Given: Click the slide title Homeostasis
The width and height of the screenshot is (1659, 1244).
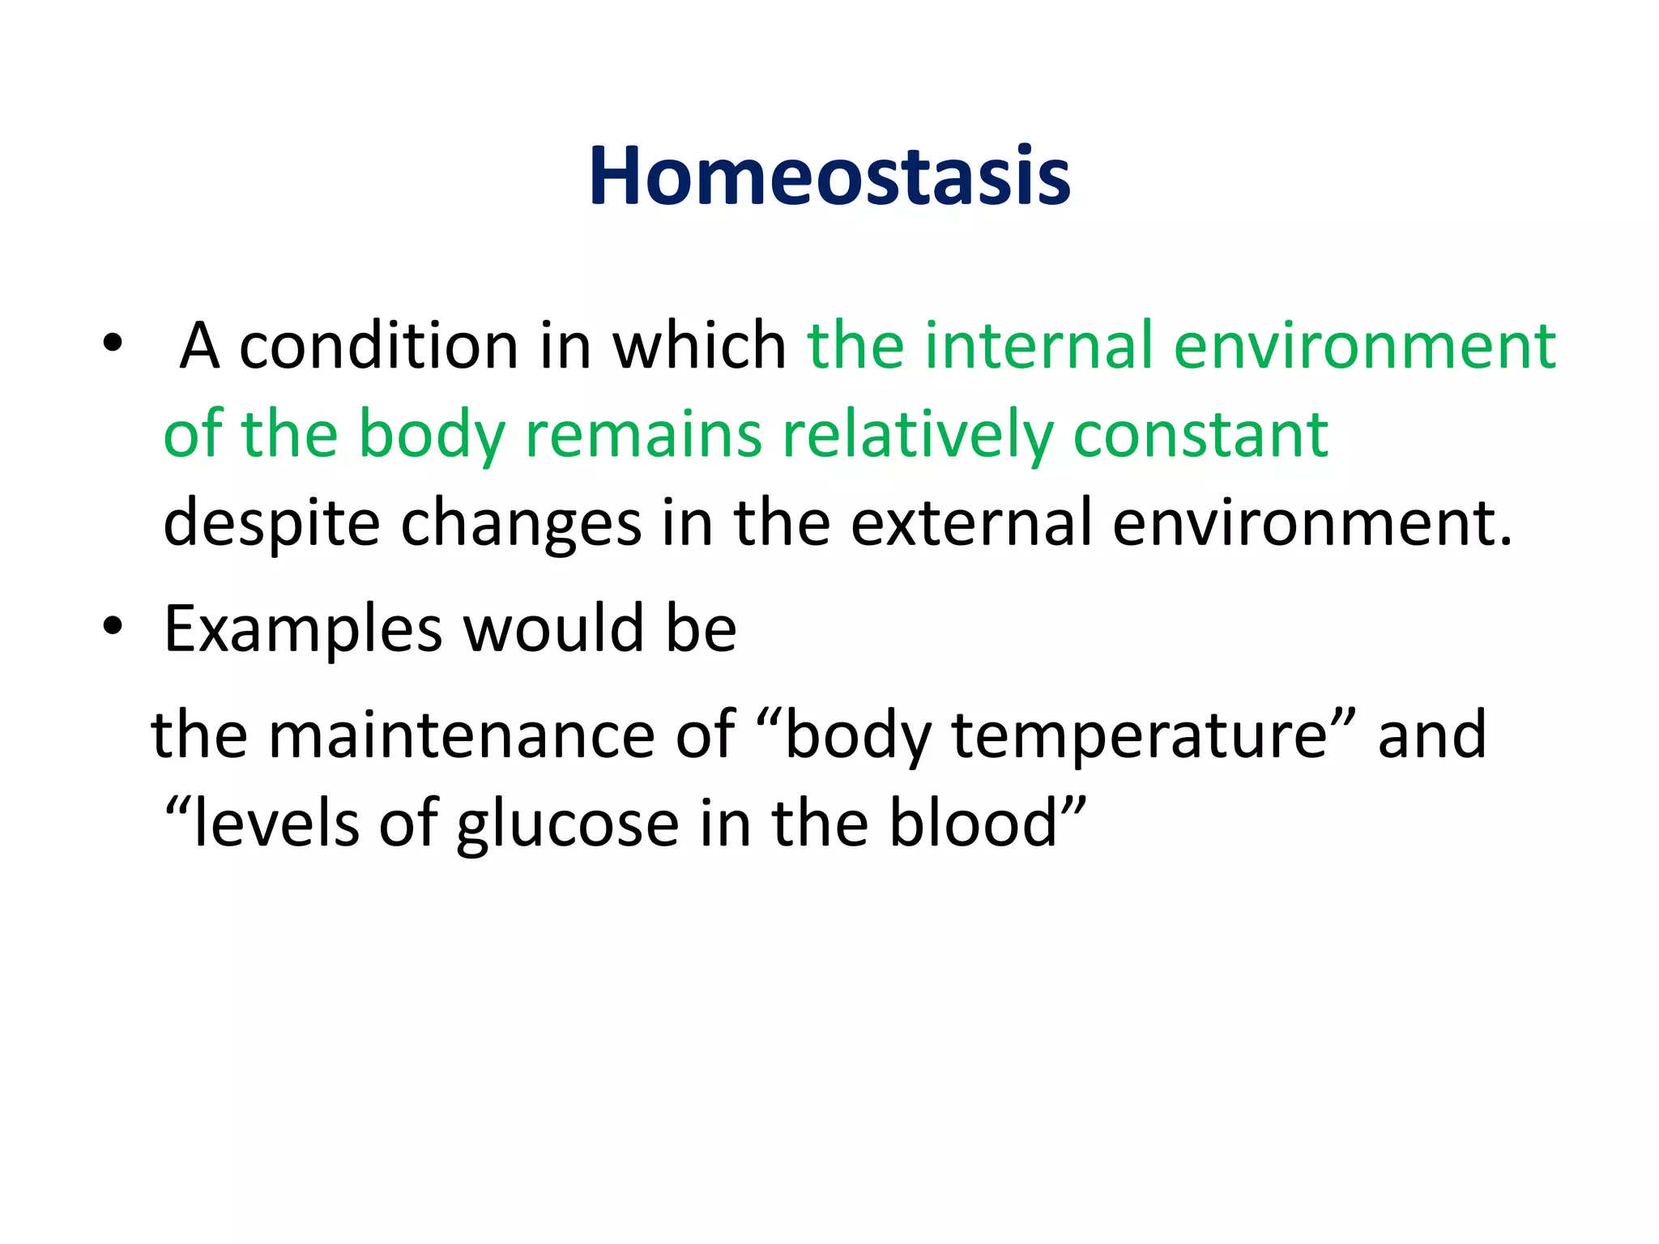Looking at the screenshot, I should [x=829, y=177].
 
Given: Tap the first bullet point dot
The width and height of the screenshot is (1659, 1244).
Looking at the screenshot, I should [x=113, y=344].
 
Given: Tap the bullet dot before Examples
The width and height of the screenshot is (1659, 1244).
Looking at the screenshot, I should [x=113, y=627].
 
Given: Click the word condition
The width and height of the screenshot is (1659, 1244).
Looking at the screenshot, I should [x=378, y=346].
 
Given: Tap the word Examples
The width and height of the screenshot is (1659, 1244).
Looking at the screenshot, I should [x=303, y=630].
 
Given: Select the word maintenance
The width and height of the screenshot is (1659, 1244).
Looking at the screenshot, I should [x=461, y=735].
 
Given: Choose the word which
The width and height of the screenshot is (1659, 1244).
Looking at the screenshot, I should [x=698, y=346].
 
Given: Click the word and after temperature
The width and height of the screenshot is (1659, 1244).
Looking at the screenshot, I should [x=1431, y=735].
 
